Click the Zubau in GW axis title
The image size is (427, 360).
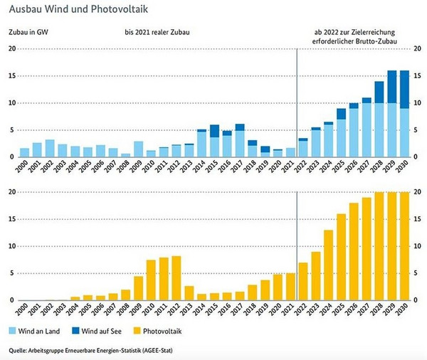pyautogui.click(x=28, y=33)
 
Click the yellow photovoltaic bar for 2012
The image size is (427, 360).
pyautogui.click(x=176, y=278)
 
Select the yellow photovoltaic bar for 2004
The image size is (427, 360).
pyautogui.click(x=75, y=298)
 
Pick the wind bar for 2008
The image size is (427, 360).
pyautogui.click(x=126, y=155)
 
